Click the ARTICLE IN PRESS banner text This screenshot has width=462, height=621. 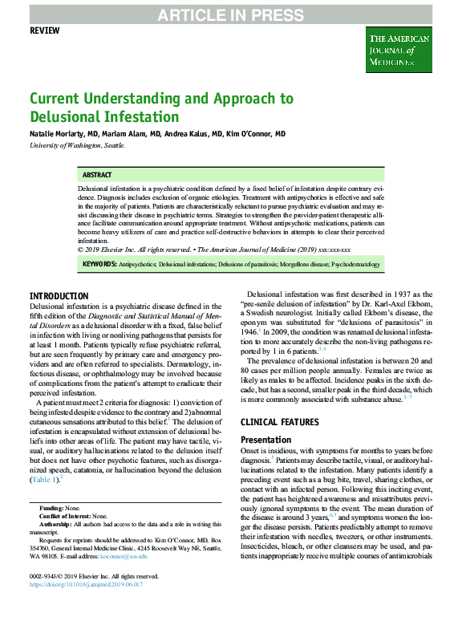pos(230,14)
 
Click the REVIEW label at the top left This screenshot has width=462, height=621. pos(45,30)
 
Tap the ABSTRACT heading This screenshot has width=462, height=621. pos(98,175)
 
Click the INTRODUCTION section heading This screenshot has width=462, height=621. pos(59,296)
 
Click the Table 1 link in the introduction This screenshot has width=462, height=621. pos(43,480)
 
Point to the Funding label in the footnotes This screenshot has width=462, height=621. pos(52,508)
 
